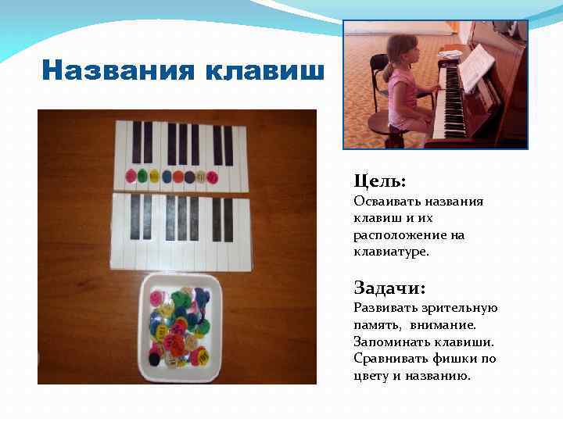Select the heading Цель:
point(379,181)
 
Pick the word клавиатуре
point(391,252)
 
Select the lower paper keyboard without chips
point(180,230)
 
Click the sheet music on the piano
point(475,66)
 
